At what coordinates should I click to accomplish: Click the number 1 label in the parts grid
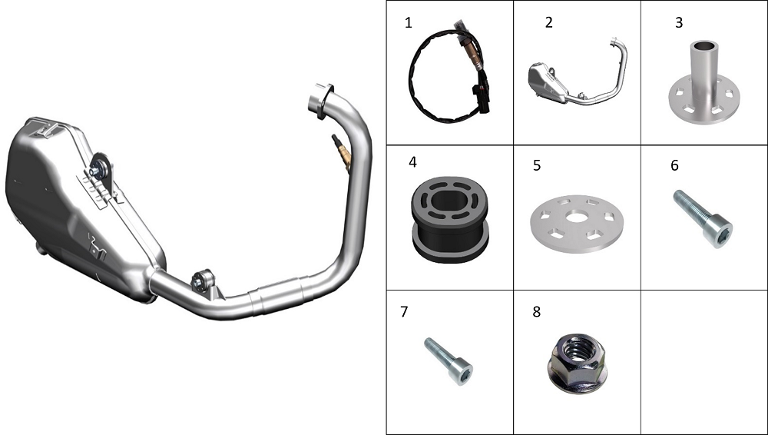point(409,22)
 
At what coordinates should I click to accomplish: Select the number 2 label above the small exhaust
point(548,22)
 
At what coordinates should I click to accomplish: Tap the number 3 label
point(679,22)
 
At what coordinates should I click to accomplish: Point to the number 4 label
point(413,162)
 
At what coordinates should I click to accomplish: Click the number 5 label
point(537,166)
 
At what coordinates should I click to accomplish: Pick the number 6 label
point(674,166)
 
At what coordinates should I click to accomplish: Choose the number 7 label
point(404,312)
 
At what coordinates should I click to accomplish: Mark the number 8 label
point(537,312)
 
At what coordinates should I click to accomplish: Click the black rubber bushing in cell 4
point(449,219)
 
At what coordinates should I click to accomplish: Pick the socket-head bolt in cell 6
point(703,218)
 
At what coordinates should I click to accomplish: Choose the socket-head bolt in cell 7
point(449,361)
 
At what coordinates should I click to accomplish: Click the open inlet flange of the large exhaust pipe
point(321,100)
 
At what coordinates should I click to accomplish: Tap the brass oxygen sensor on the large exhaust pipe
point(342,152)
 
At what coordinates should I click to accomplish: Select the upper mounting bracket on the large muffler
point(101,175)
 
